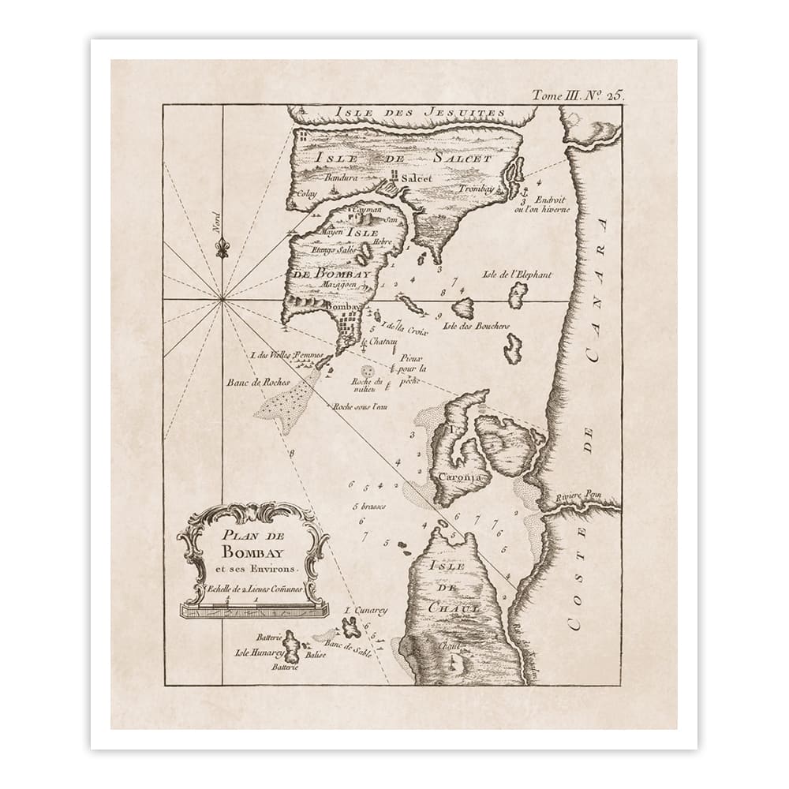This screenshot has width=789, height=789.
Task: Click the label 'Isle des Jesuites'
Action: click(419, 113)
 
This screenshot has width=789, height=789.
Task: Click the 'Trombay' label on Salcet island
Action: click(479, 189)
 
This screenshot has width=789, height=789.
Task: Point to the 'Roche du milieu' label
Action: click(365, 384)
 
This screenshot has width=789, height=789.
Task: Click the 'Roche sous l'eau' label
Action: click(362, 406)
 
